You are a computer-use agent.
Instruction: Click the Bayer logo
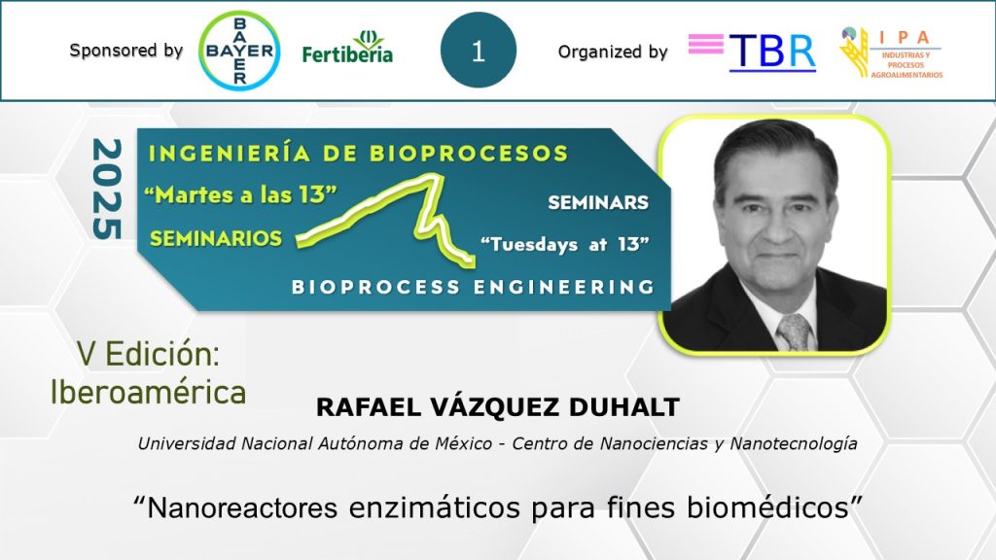pyautogui.click(x=239, y=51)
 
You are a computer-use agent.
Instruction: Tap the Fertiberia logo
pyautogui.click(x=347, y=47)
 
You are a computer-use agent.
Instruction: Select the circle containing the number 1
pyautogui.click(x=479, y=51)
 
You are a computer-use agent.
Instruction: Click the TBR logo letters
pyautogui.click(x=771, y=52)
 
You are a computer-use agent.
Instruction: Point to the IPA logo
pyautogui.click(x=891, y=52)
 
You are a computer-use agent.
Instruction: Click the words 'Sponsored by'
pyautogui.click(x=125, y=51)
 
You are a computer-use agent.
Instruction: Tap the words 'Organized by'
pyautogui.click(x=613, y=52)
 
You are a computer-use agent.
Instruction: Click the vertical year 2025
pyautogui.click(x=107, y=190)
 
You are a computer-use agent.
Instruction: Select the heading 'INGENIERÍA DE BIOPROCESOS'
pyautogui.click(x=358, y=154)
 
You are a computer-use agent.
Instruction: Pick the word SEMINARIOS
pyautogui.click(x=216, y=238)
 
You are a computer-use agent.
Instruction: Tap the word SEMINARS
pyautogui.click(x=598, y=202)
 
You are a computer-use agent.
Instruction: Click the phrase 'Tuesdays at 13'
pyautogui.click(x=565, y=244)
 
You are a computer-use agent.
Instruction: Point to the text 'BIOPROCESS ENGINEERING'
pyautogui.click(x=474, y=287)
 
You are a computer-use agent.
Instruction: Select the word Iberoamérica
pyautogui.click(x=148, y=392)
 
